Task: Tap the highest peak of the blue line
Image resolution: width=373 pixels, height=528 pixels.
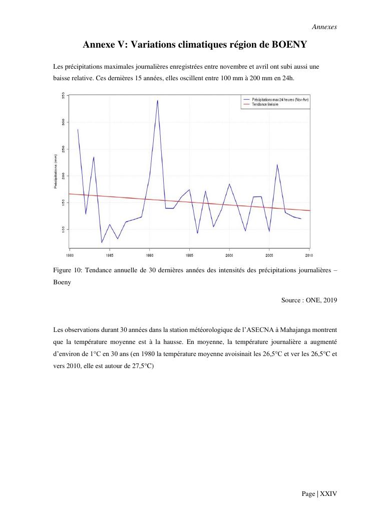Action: (157, 100)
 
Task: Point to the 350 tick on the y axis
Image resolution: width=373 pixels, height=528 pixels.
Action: (63, 96)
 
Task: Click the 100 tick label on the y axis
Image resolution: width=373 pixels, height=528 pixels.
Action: (63, 229)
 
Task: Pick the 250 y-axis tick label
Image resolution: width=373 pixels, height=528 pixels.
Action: (63, 149)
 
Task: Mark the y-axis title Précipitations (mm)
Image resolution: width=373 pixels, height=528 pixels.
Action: (56, 171)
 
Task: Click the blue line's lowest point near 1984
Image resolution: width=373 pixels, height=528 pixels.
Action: (102, 243)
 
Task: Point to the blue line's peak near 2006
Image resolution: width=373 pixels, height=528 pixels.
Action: (277, 164)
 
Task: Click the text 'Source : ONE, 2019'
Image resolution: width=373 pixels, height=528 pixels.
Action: (309, 300)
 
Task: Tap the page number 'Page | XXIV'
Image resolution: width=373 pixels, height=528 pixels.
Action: (319, 494)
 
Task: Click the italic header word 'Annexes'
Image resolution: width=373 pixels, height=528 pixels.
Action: (324, 27)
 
